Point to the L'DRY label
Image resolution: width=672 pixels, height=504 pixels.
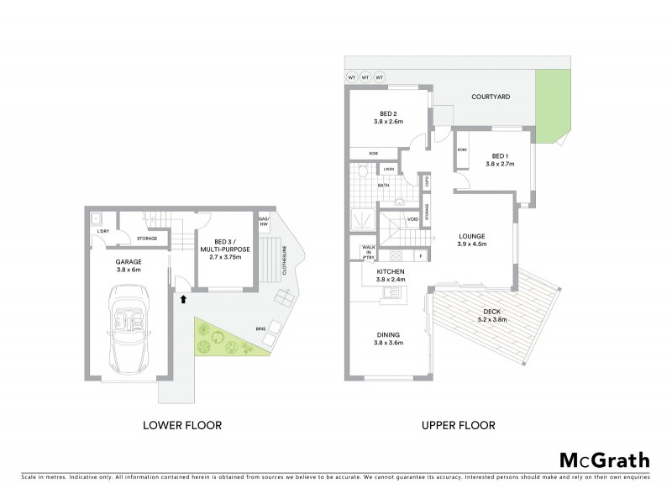[x=104, y=231]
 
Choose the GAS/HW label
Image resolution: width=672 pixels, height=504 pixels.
[x=263, y=221]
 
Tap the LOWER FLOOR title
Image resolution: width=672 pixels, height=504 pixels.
[x=182, y=426]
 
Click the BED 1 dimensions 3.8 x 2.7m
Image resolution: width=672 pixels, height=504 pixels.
[x=500, y=165]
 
